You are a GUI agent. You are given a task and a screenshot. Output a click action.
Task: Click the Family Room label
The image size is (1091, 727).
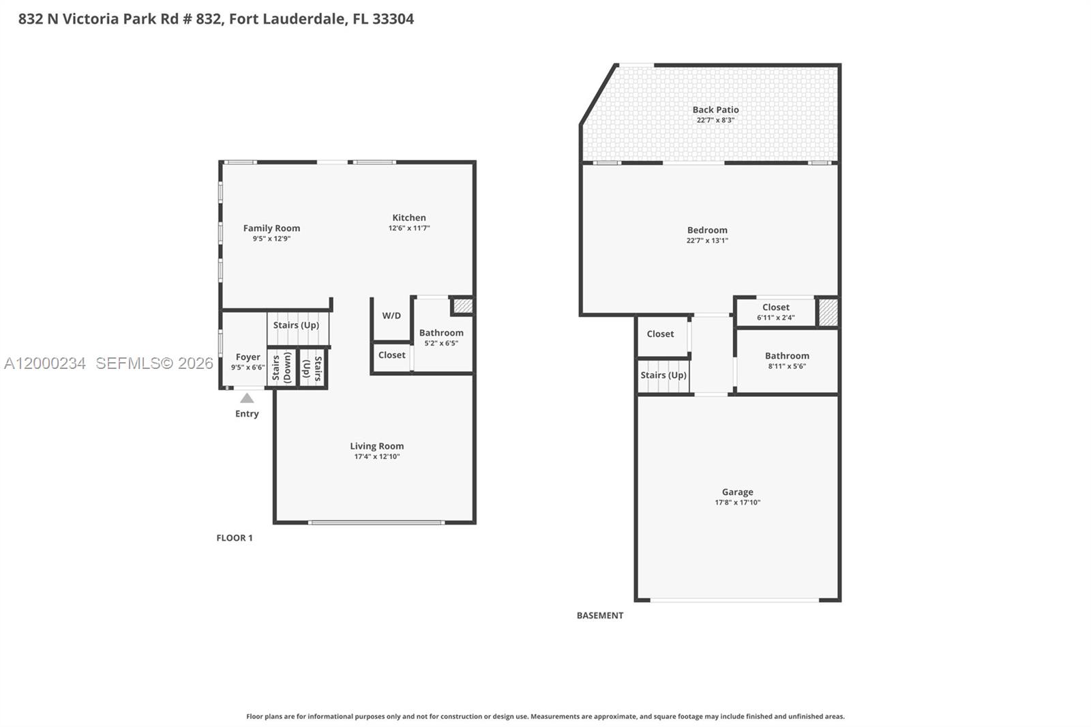271,228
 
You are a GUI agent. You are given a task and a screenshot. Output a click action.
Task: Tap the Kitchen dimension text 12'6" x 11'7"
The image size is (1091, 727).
409,228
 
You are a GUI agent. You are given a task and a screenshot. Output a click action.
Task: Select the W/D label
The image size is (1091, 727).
391,316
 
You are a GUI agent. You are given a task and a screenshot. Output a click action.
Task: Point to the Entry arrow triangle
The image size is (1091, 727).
247,398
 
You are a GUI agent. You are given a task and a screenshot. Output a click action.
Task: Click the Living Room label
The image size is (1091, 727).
377,446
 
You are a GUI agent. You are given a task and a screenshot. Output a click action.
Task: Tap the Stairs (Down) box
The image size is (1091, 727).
282,368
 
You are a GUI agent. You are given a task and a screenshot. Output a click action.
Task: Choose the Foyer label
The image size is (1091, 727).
248,357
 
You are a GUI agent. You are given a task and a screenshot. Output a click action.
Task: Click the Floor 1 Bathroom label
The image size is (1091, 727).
441,333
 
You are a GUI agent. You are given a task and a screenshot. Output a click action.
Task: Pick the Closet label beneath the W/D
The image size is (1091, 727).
391,355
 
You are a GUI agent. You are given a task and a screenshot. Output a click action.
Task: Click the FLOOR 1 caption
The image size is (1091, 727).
235,538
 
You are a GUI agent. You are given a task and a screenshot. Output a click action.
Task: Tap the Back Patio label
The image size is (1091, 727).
715,110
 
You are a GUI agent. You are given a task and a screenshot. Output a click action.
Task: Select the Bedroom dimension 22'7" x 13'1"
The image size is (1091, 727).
707,241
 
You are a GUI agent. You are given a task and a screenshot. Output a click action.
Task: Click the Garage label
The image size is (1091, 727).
737,492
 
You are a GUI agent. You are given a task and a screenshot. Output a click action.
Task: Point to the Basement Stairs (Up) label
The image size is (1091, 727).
663,375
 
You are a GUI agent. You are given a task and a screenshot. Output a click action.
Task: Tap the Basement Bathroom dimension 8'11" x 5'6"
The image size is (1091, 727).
787,366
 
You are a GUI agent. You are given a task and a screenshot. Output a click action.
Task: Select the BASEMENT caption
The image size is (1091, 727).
600,615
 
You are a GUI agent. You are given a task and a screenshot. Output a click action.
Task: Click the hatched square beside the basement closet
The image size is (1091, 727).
828,312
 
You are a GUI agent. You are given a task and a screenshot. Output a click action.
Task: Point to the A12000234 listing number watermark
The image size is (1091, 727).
45,363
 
